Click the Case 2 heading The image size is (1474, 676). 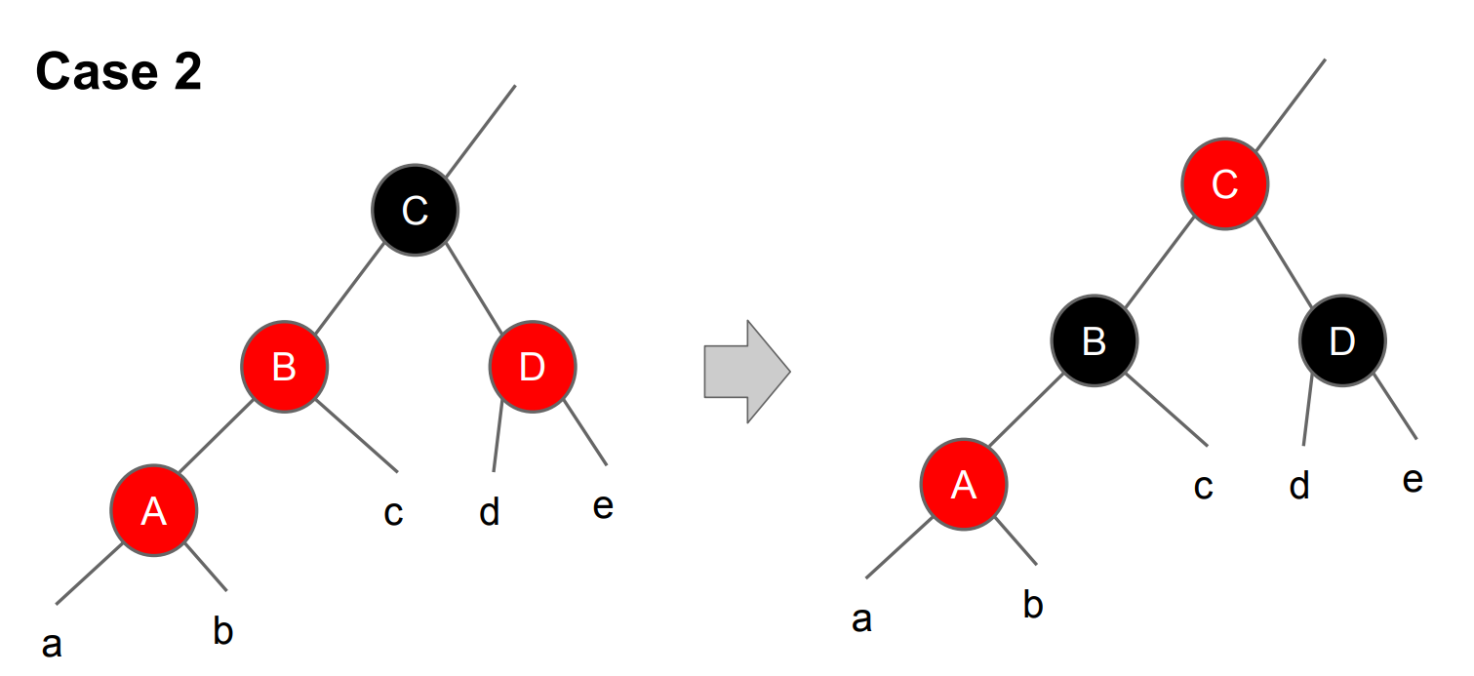coord(119,72)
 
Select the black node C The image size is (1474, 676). coord(415,211)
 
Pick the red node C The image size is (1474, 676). coord(1224,184)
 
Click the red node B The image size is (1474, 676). coord(284,367)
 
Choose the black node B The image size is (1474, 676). coord(1094,340)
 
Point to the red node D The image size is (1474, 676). coord(532,367)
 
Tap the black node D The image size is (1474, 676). coord(1341,340)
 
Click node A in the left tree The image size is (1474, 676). coord(153,510)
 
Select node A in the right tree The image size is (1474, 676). coord(964,485)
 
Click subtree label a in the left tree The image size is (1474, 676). coord(52,644)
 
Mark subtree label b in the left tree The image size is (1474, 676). coord(223,632)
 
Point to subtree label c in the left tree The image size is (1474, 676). coord(393,513)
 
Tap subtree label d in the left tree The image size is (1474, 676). coord(490,511)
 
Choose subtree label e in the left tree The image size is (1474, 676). coord(603,505)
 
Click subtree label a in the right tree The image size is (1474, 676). coord(861,618)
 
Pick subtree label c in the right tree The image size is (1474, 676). coord(1203,487)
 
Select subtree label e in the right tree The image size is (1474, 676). coord(1412,480)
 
